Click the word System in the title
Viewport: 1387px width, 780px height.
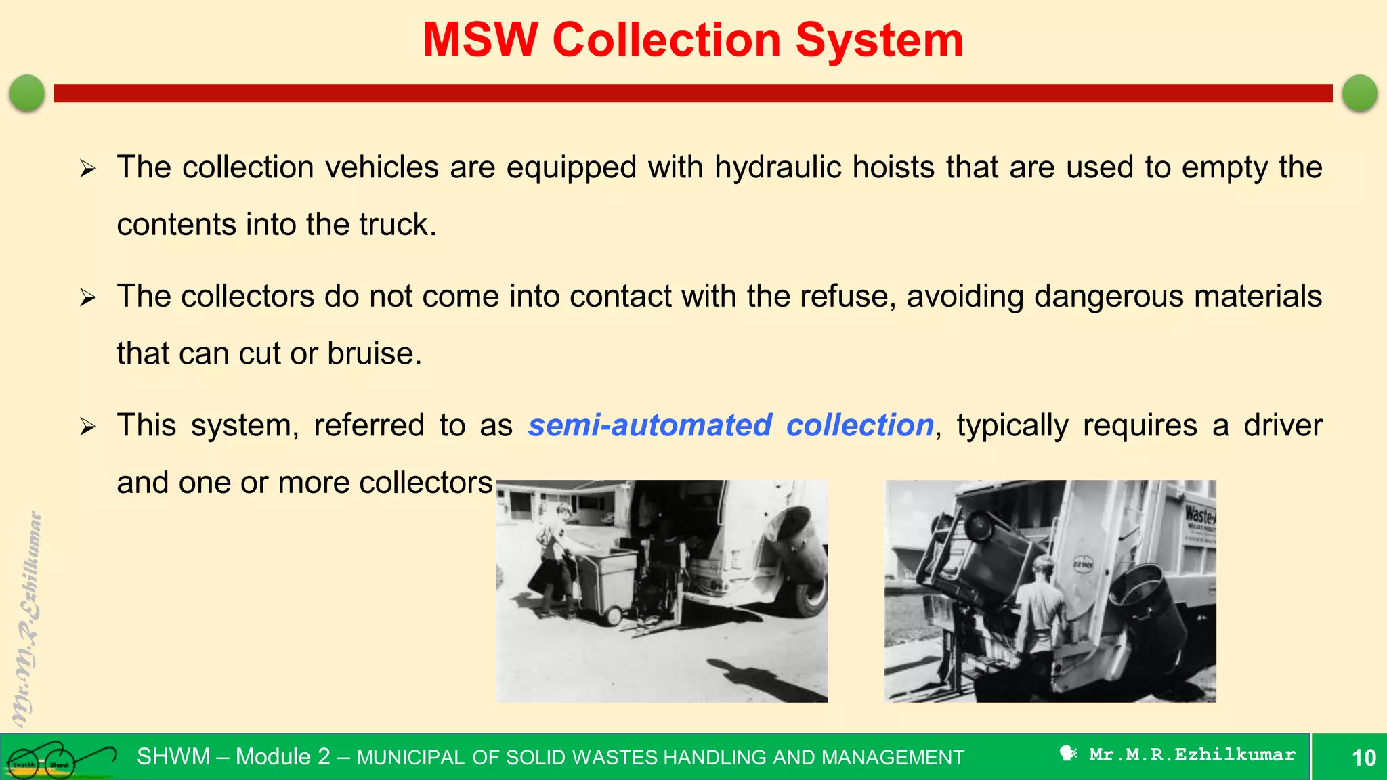(x=878, y=41)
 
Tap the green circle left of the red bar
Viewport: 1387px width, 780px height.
(x=27, y=93)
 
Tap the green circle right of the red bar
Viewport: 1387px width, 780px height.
(x=1359, y=93)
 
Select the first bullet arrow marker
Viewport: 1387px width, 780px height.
(x=88, y=168)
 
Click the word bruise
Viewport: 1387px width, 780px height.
(x=374, y=353)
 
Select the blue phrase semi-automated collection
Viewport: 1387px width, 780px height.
(x=731, y=426)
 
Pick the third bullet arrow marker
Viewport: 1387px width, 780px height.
(x=88, y=427)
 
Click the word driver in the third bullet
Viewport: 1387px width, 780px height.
(x=1283, y=426)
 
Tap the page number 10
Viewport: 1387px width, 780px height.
(x=1363, y=758)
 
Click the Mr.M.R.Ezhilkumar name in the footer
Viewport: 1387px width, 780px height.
(x=1191, y=754)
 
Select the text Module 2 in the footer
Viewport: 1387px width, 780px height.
(x=282, y=756)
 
